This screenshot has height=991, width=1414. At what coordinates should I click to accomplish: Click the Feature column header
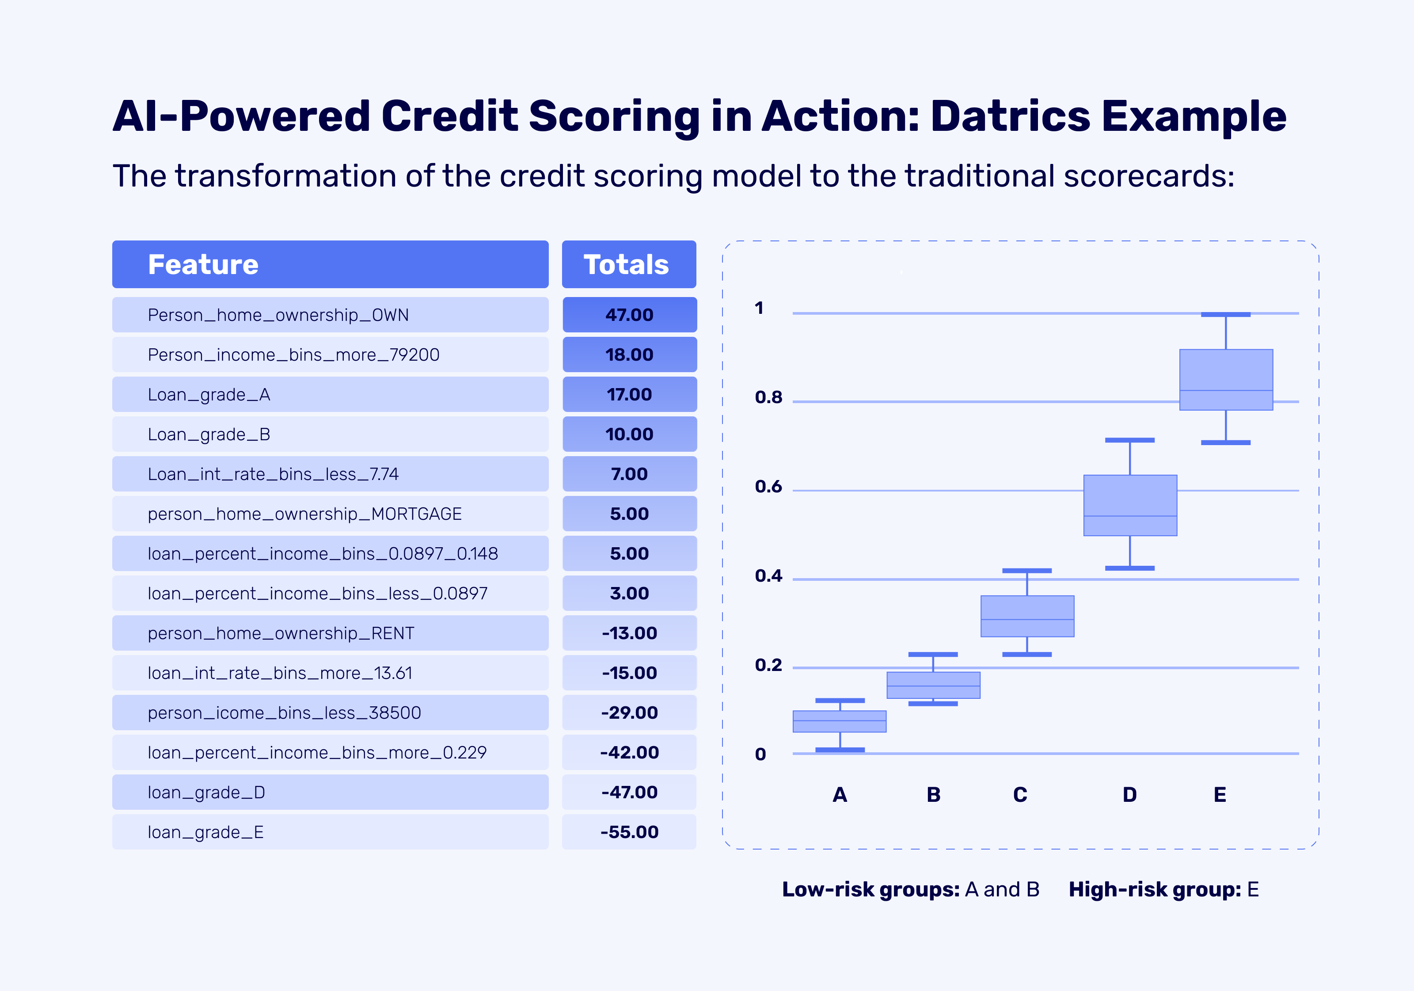(x=203, y=265)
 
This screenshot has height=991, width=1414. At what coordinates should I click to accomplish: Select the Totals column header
(x=626, y=265)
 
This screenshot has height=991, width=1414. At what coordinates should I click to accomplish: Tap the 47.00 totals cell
(x=629, y=315)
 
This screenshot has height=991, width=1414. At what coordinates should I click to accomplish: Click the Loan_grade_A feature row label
(x=209, y=395)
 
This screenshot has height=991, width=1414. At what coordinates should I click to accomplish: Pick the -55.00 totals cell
(x=629, y=832)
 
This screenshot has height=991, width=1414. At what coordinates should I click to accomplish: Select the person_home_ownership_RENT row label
(x=281, y=633)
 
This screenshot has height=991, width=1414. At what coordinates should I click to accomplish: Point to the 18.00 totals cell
(x=629, y=355)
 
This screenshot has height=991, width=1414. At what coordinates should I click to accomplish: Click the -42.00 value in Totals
(x=629, y=753)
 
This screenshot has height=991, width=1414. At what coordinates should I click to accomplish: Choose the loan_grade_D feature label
(x=206, y=793)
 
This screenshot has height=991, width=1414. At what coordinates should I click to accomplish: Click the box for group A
(x=840, y=721)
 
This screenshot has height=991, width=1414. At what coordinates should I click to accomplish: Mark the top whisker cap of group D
(x=1129, y=440)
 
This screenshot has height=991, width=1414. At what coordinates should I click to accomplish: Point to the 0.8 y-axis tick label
(x=768, y=398)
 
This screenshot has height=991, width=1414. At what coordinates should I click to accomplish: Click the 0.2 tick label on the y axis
(x=768, y=666)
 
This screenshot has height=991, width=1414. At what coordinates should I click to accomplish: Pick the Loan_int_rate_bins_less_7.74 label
(x=273, y=474)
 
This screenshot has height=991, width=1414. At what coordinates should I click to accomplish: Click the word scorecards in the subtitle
(x=1148, y=177)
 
